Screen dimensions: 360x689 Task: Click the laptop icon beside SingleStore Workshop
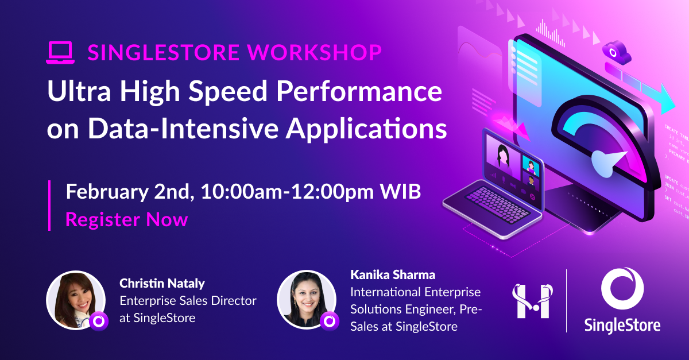60,52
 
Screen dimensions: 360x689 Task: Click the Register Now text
126,219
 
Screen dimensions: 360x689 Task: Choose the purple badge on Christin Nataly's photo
98,321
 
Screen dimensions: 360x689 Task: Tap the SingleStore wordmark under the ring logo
622,324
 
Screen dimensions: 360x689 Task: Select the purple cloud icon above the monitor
616,52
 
